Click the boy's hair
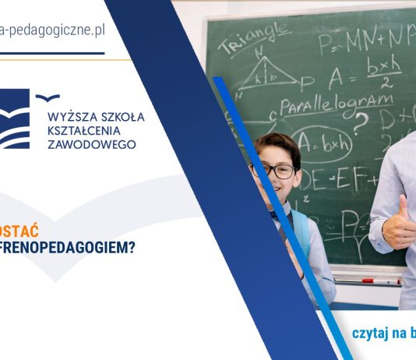pos(277,144)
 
